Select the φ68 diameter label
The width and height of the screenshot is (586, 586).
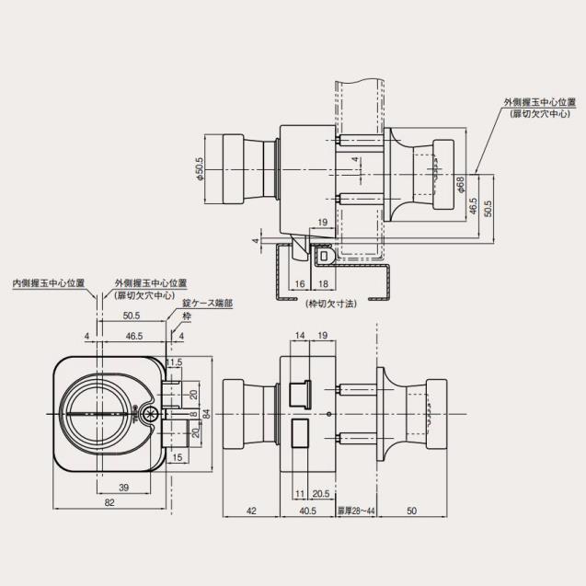tap(460, 186)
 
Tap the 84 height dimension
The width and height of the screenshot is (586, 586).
tap(207, 415)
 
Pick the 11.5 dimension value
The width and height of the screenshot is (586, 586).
tap(174, 362)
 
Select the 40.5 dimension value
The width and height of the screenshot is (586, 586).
tap(306, 511)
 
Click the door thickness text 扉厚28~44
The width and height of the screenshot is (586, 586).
tap(354, 511)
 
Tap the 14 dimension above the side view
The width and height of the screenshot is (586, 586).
tap(299, 337)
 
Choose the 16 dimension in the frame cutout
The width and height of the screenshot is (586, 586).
tap(301, 284)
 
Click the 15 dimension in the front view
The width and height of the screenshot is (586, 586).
tap(175, 457)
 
